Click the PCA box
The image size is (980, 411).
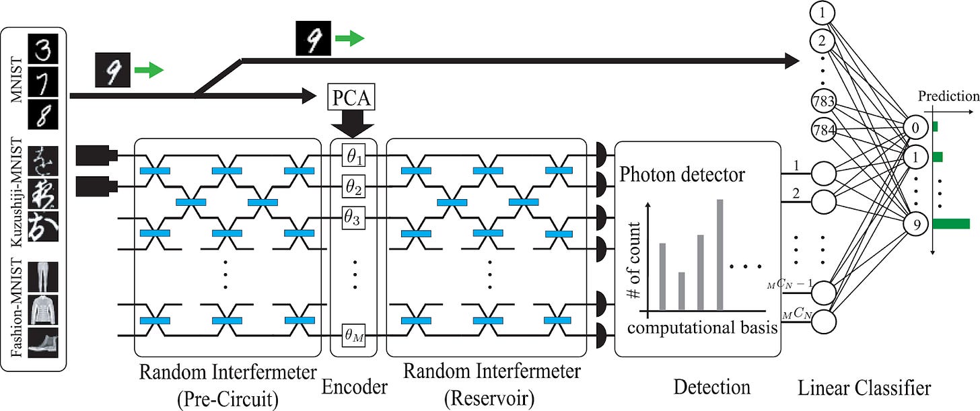point(351,97)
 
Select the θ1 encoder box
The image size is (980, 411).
point(353,155)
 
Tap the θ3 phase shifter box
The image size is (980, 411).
point(353,217)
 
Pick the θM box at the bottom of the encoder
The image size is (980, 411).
point(353,336)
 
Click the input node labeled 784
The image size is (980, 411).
point(823,130)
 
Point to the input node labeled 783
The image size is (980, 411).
point(823,102)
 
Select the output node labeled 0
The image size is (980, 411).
point(915,128)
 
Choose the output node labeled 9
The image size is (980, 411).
point(915,224)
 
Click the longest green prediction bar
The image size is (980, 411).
point(951,224)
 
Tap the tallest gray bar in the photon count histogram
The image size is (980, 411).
point(720,255)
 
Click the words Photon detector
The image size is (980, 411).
point(682,174)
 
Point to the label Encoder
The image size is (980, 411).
point(354,387)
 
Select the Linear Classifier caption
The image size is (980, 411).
point(864,388)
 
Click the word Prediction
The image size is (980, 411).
point(948,96)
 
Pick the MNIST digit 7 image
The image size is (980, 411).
point(43,82)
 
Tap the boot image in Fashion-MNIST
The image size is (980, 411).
point(43,343)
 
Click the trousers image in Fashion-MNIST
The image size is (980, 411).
point(43,276)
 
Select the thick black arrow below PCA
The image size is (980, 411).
point(352,123)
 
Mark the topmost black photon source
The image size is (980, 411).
point(97,155)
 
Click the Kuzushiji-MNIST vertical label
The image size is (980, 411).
point(16,192)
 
